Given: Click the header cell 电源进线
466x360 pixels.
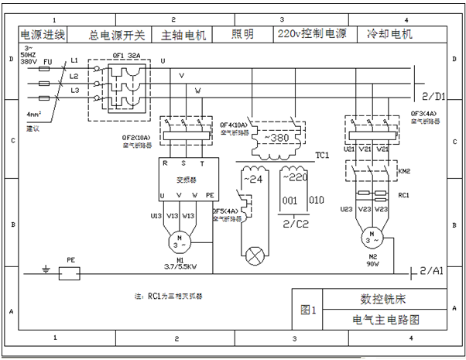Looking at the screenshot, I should point(43,35).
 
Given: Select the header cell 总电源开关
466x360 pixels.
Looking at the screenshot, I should point(117,35).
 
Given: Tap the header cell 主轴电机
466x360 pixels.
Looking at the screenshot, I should point(183,35).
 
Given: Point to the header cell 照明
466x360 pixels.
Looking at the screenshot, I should point(242,35).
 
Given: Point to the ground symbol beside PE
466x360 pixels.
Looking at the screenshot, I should point(46,272).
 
